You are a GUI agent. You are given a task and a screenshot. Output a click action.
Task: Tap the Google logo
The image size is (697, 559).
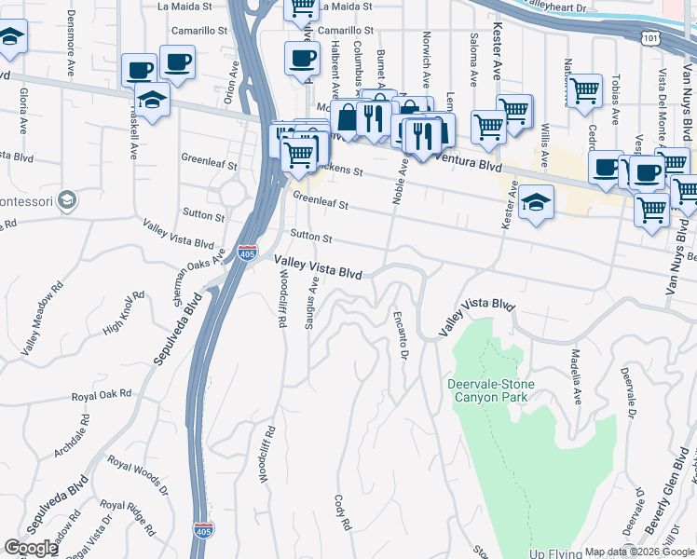(31, 548)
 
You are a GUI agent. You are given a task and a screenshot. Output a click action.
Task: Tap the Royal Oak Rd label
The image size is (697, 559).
(102, 395)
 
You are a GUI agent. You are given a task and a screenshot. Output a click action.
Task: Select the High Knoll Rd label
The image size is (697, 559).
(124, 315)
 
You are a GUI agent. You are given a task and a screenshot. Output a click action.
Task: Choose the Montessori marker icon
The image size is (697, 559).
(66, 199)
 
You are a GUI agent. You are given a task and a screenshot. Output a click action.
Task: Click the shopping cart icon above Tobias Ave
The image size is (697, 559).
(584, 90)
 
